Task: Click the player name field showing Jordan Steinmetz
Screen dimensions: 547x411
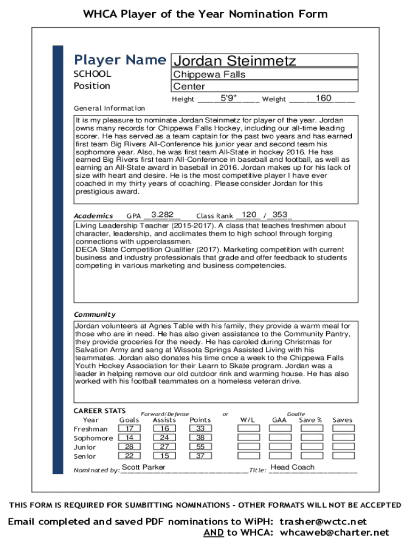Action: click(x=264, y=60)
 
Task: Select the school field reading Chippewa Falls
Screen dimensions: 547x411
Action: click(x=264, y=74)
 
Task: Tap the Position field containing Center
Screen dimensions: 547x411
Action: click(x=264, y=86)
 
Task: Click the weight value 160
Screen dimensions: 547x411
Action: click(x=323, y=98)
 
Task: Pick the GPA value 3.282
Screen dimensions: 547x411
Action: click(x=162, y=215)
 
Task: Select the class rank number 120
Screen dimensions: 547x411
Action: click(x=249, y=215)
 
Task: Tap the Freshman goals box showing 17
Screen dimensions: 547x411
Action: click(x=129, y=429)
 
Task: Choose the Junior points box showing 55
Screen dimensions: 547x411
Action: click(x=200, y=447)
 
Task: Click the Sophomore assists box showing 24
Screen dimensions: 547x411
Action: click(x=164, y=438)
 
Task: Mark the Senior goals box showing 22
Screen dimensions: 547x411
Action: click(x=129, y=456)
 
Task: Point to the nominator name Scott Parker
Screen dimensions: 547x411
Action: click(x=144, y=467)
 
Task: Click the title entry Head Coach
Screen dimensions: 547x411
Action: click(x=293, y=467)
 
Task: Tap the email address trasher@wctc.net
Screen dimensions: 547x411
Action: click(x=324, y=521)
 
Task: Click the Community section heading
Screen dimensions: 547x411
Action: click(x=94, y=315)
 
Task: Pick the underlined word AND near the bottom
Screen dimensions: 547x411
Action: click(x=214, y=533)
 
